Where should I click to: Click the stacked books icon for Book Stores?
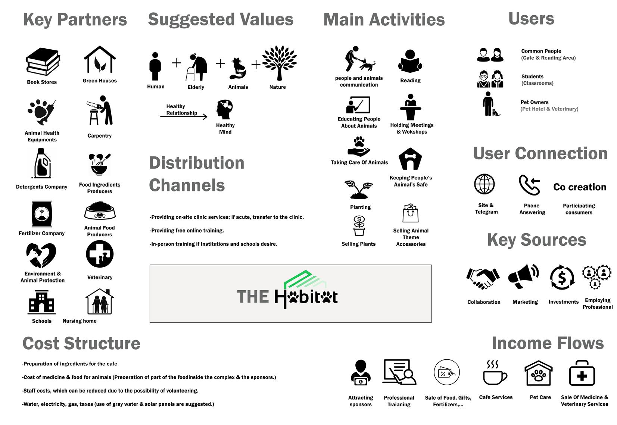click(43, 62)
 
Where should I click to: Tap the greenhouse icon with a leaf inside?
click(100, 60)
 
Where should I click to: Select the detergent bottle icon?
click(42, 163)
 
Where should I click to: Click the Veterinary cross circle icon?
click(100, 254)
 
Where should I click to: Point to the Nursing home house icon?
click(99, 301)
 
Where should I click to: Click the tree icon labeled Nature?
click(279, 63)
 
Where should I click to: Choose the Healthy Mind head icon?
click(225, 110)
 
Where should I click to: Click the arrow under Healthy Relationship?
click(184, 117)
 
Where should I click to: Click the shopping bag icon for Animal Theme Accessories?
click(410, 213)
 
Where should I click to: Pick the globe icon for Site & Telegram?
click(484, 184)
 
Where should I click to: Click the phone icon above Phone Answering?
click(529, 185)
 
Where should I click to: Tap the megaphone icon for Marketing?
click(524, 276)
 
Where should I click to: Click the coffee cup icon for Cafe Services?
click(495, 373)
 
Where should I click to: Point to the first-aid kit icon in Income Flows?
click(582, 373)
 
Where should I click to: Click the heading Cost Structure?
click(81, 344)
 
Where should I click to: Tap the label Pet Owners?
click(534, 102)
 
